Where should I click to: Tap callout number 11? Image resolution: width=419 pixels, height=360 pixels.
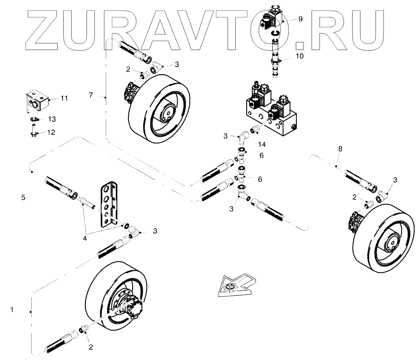pyautogui.click(x=64, y=98)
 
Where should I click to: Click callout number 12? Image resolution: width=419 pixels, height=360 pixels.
pyautogui.click(x=51, y=132)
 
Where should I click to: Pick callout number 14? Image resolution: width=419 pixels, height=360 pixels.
pyautogui.click(x=261, y=144)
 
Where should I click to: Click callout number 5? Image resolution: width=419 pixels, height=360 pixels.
pyautogui.click(x=23, y=197)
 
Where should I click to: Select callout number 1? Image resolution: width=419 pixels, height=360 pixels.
pyautogui.click(x=12, y=310)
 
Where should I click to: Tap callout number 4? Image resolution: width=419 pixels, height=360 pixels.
pyautogui.click(x=85, y=238)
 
